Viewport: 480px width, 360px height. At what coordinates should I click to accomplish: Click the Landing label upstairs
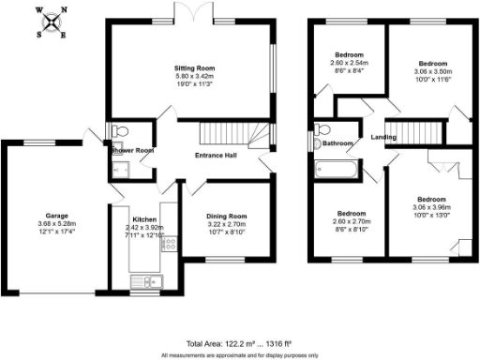[383, 138]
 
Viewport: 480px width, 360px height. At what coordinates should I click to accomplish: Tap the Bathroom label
[338, 143]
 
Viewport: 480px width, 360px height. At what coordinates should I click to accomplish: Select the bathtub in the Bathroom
[337, 171]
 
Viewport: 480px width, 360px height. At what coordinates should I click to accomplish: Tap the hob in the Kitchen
[170, 243]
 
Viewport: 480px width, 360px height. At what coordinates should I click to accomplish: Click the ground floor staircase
[217, 131]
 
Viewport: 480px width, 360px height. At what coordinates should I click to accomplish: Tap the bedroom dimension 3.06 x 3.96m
[431, 208]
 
